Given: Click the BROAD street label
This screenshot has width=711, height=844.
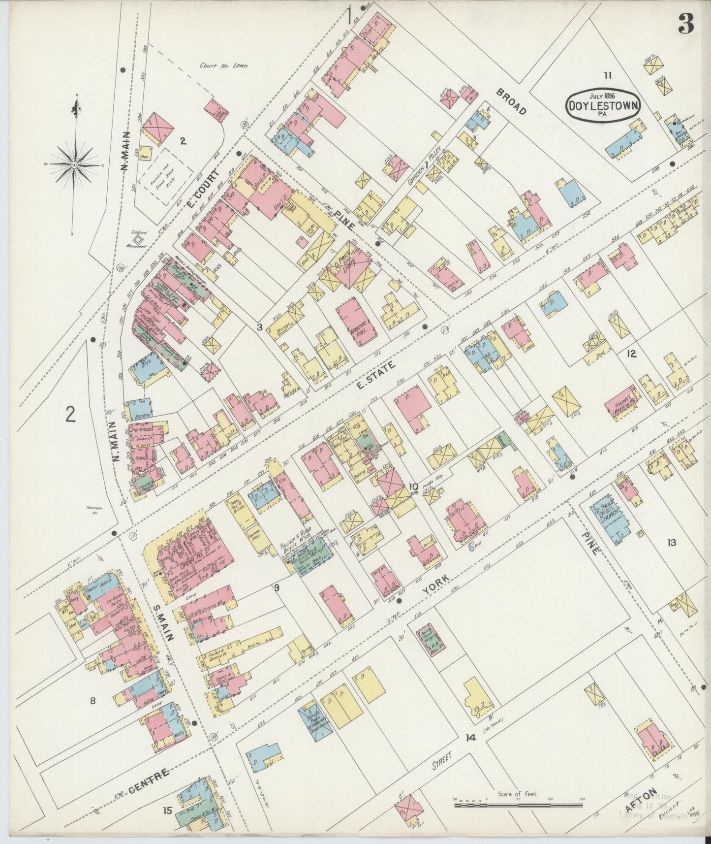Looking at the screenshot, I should click(511, 101).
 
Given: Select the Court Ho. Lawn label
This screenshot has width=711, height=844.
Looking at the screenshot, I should click(223, 65).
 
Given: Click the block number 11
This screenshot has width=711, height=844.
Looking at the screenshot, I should click(608, 75).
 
